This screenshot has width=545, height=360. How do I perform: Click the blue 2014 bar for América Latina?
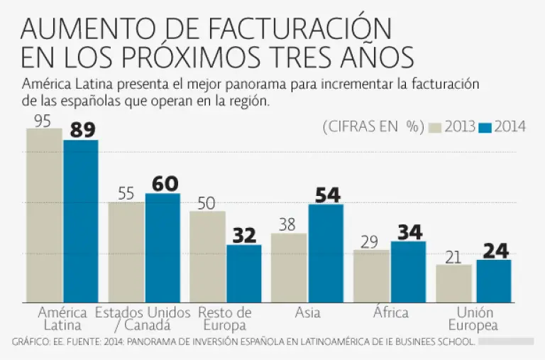pyautogui.click(x=81, y=222)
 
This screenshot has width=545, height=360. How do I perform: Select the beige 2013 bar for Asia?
pyautogui.click(x=289, y=268)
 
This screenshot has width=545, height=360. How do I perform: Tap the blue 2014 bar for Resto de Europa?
pyautogui.click(x=244, y=274)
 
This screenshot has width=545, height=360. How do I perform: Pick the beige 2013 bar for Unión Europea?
pyautogui.click(x=453, y=284)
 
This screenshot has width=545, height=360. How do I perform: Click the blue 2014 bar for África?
pyautogui.click(x=408, y=272)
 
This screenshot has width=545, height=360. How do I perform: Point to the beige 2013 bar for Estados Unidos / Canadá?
pyautogui.click(x=126, y=253)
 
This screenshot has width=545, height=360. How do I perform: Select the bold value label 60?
pyautogui.click(x=165, y=184)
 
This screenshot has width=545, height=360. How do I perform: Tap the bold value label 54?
pyautogui.click(x=327, y=195)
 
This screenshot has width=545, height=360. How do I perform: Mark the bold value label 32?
pyautogui.click(x=244, y=236)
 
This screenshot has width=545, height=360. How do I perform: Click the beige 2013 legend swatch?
pyautogui.click(x=434, y=127)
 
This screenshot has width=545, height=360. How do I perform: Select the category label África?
pyautogui.click(x=390, y=312)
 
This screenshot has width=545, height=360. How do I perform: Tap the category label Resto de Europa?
pyautogui.click(x=225, y=319)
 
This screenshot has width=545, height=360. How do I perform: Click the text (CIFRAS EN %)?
pyautogui.click(x=373, y=127)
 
